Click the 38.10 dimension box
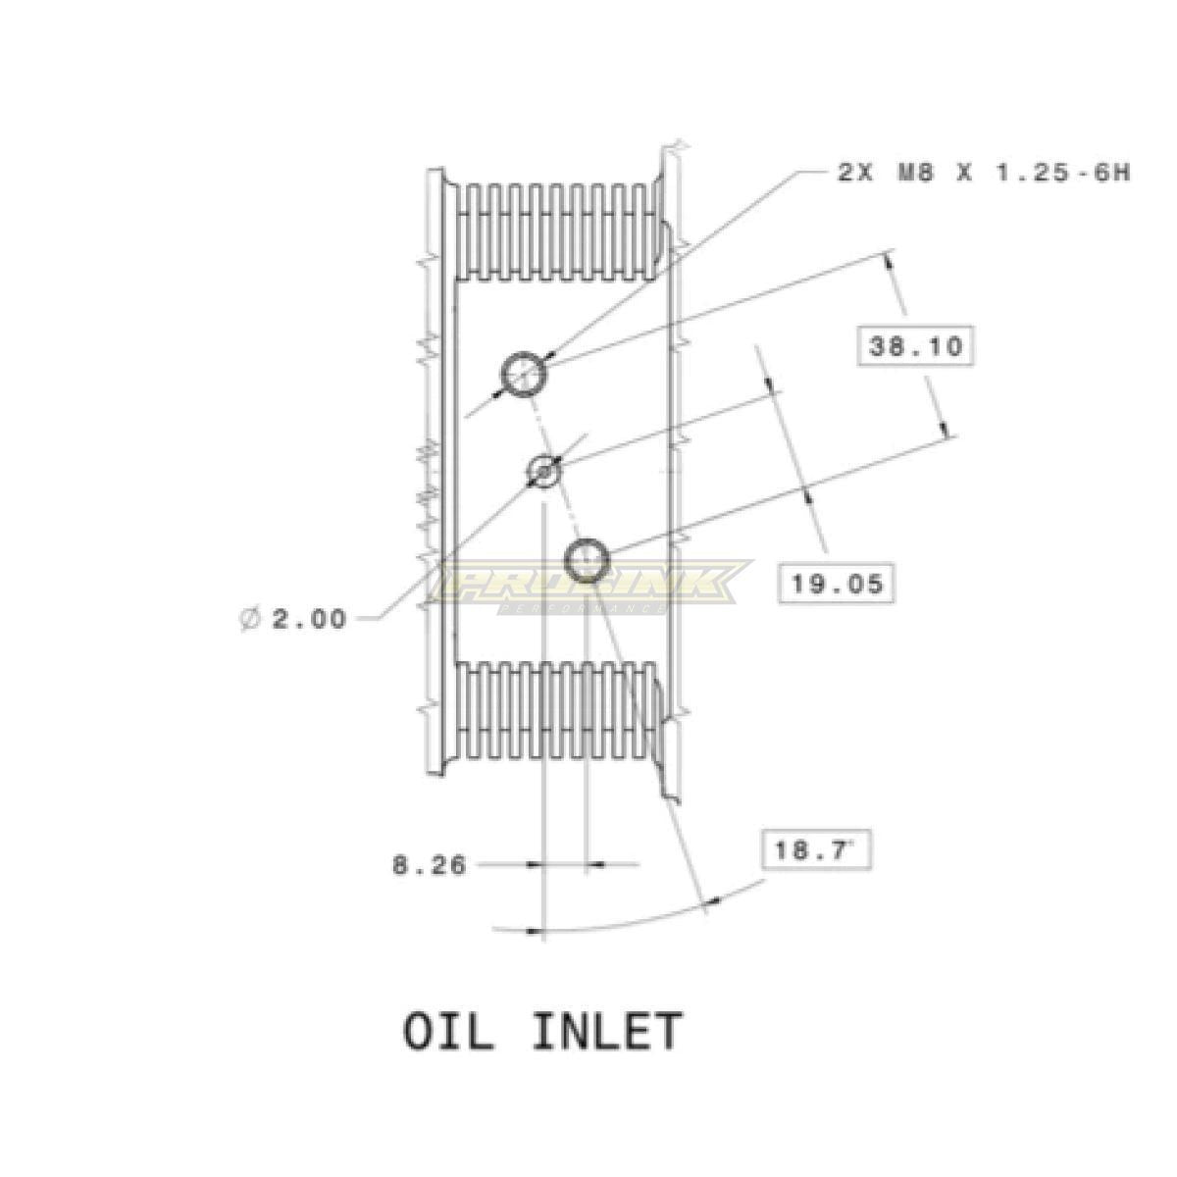click(x=915, y=346)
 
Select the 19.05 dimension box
click(x=837, y=584)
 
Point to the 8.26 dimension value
click(x=429, y=865)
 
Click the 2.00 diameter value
click(x=309, y=619)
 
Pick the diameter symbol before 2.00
click(x=250, y=619)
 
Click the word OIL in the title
click(x=447, y=1031)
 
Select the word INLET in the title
click(x=606, y=1031)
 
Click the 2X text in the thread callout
click(x=855, y=173)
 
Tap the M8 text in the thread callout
click(x=914, y=173)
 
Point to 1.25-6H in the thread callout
click(x=1063, y=173)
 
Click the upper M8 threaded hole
click(x=524, y=375)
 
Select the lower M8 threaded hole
click(x=587, y=560)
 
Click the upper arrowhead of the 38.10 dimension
click(x=890, y=262)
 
